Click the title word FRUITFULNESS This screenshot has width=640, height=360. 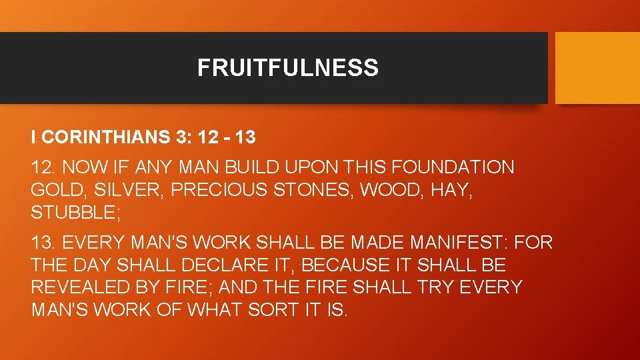point(287,68)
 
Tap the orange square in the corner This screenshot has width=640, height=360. point(597,68)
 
